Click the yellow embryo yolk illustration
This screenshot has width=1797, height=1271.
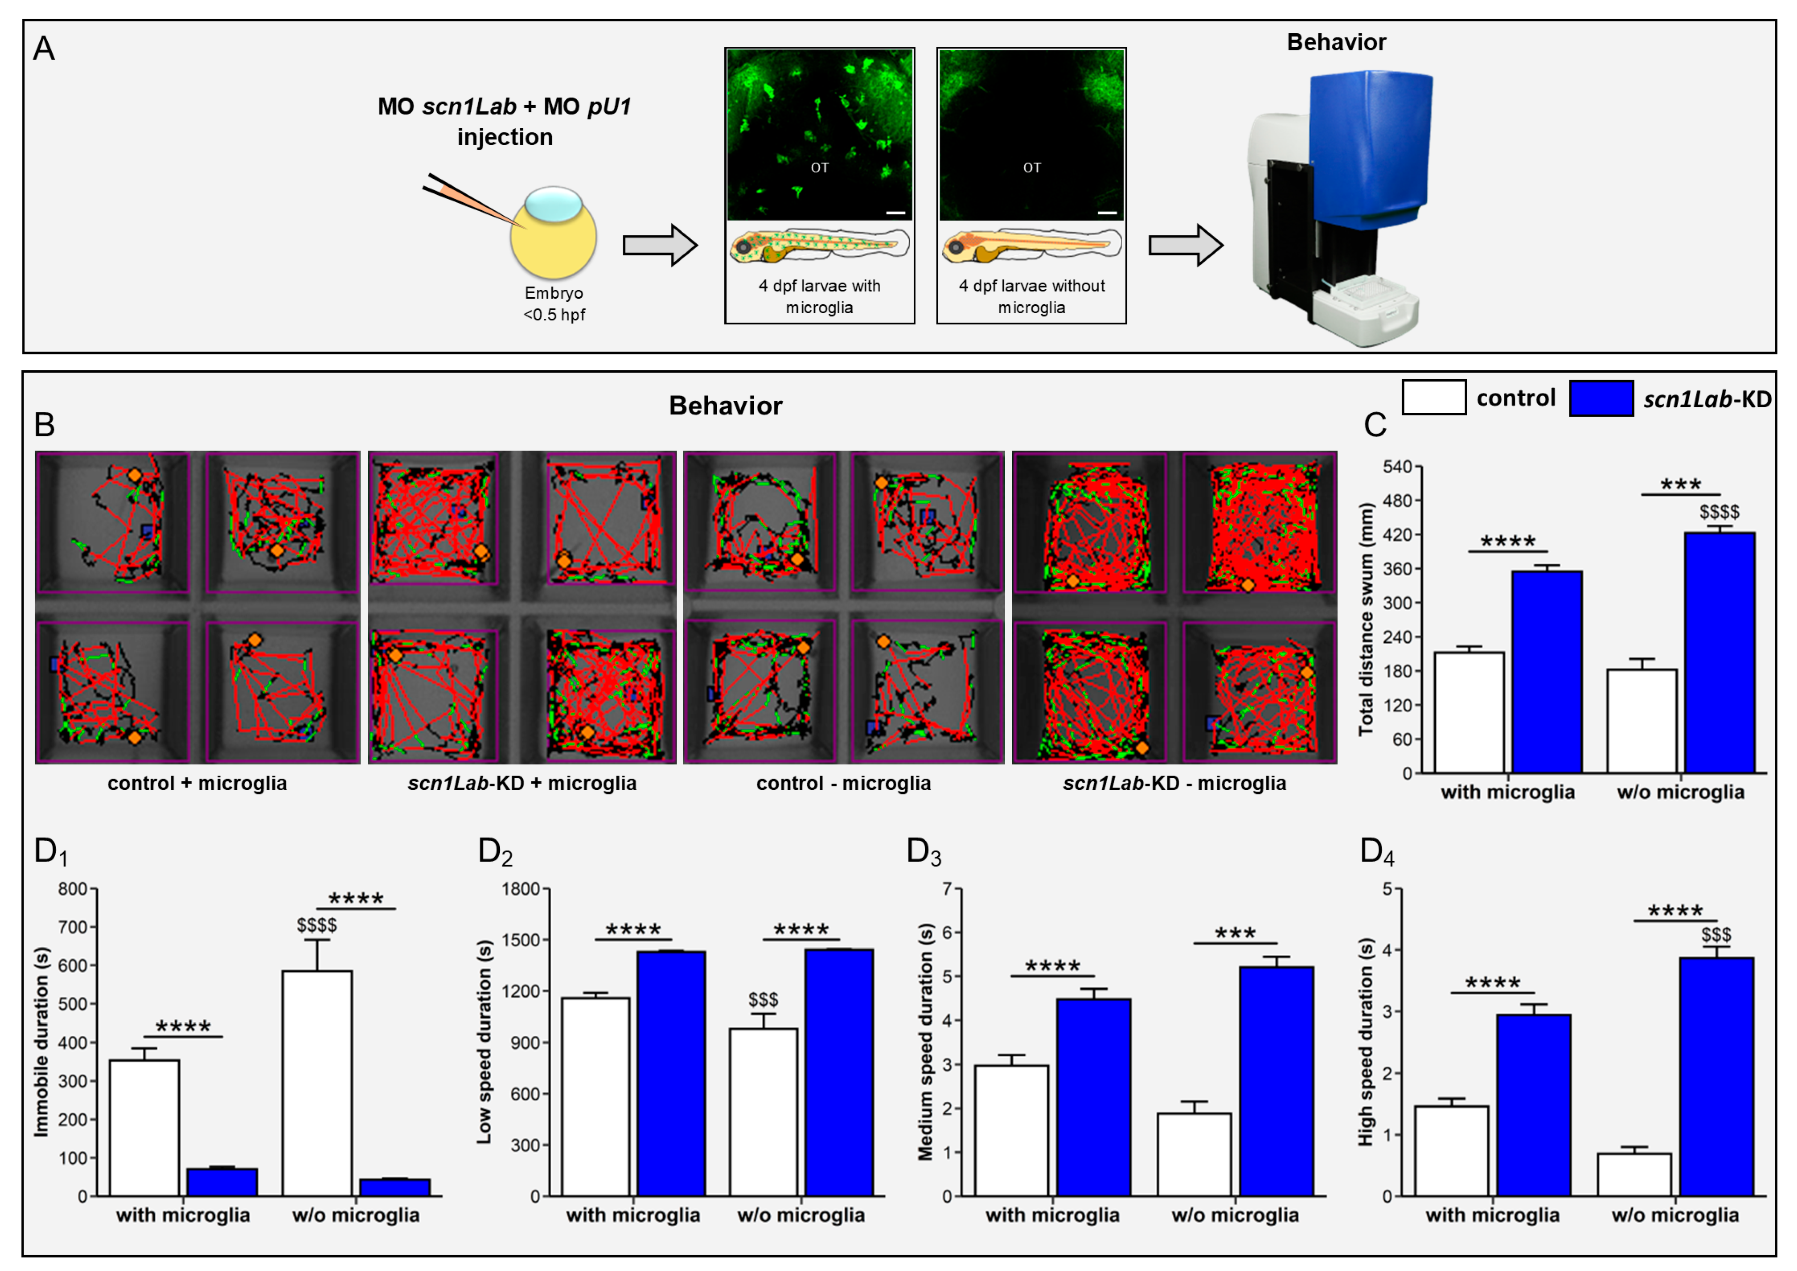pyautogui.click(x=553, y=239)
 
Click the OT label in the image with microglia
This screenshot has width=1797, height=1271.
pyautogui.click(x=819, y=168)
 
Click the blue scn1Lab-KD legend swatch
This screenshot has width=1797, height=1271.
pyautogui.click(x=1600, y=398)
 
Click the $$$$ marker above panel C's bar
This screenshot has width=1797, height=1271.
pyautogui.click(x=1719, y=512)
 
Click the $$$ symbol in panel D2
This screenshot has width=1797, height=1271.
pyautogui.click(x=763, y=1000)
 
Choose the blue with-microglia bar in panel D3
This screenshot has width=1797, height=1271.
pyautogui.click(x=1093, y=1096)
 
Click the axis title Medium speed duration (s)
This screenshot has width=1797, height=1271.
pyautogui.click(x=926, y=1042)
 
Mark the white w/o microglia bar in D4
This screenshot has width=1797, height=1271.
pyautogui.click(x=1634, y=1174)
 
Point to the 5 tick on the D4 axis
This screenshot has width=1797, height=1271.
pyautogui.click(x=1387, y=889)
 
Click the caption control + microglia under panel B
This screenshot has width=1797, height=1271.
pyautogui.click(x=197, y=784)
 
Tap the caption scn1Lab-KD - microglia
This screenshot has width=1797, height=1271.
pyautogui.click(x=1174, y=784)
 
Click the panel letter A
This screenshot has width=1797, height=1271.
pyautogui.click(x=44, y=49)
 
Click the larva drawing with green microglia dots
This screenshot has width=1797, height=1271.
pyautogui.click(x=819, y=245)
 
